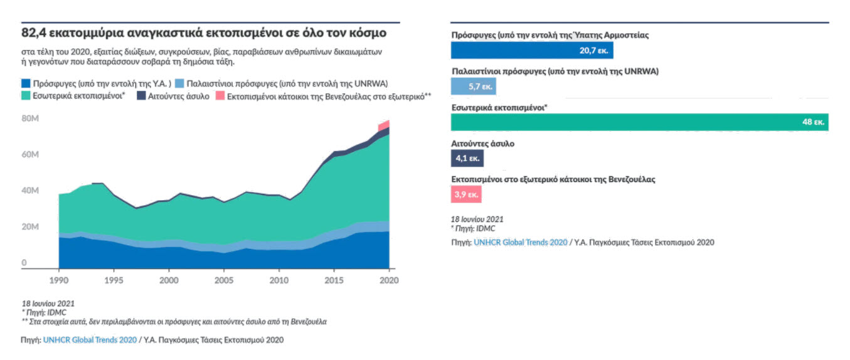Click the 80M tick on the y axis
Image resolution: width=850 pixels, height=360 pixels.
[31, 118]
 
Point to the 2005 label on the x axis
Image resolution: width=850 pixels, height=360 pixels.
[225, 279]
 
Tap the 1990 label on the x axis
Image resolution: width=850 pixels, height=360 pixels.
[58, 279]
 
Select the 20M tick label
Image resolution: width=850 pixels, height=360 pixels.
[31, 226]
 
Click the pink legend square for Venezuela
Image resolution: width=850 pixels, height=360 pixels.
[220, 96]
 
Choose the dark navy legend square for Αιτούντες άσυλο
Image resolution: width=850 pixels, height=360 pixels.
[141, 96]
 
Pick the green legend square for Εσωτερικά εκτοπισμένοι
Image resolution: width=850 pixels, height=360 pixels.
[26, 96]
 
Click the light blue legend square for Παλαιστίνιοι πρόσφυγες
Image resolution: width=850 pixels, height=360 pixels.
[179, 83]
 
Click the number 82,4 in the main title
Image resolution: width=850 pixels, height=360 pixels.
[35, 32]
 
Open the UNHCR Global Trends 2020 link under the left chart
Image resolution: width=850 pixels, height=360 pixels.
[90, 340]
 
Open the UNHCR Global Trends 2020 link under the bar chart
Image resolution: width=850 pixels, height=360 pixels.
[520, 242]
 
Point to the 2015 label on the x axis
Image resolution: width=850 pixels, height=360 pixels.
[334, 279]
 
